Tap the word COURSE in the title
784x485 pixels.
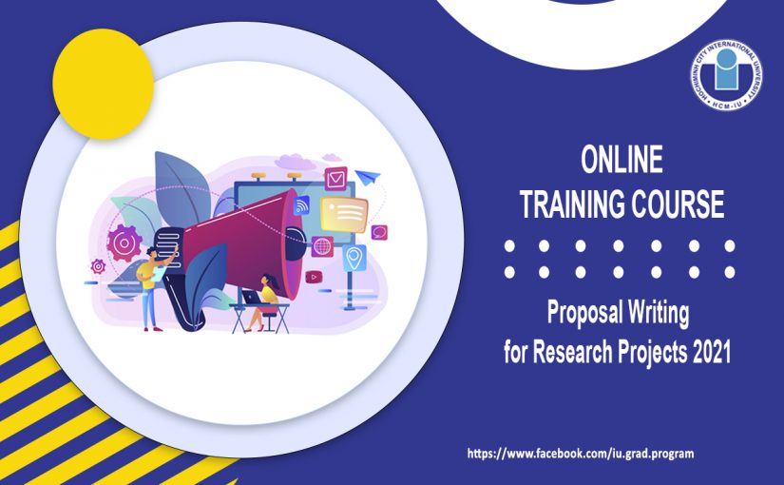coord(679,204)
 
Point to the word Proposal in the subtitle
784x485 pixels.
coord(583,311)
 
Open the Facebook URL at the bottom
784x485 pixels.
coord(581,454)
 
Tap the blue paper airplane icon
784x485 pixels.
coord(368,177)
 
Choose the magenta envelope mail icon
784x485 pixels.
coord(335,178)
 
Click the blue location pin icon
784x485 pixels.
coord(355,256)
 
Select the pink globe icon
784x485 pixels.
coord(322,245)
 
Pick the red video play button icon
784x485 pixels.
coord(315,277)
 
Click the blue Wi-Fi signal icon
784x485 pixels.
coord(302,204)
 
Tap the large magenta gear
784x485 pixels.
coord(124,242)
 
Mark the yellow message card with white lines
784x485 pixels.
coord(343,213)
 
